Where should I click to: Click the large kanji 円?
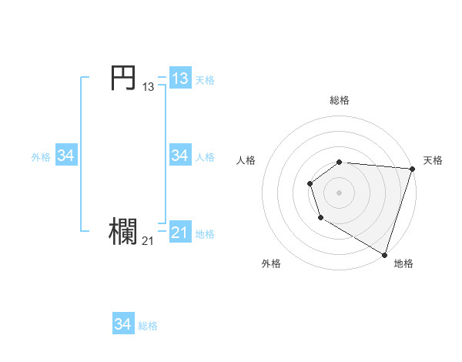123,79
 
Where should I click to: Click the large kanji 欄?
123,233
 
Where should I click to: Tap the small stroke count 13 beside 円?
148,87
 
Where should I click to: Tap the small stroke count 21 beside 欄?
148,241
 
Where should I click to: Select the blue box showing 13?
179,79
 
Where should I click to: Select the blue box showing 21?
179,233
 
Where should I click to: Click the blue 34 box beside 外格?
65,156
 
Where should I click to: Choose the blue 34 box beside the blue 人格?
179,156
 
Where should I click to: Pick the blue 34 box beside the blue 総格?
122,324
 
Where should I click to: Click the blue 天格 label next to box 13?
205,80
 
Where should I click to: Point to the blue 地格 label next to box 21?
205,234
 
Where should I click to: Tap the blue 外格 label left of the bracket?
41,157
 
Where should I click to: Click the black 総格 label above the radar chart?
340,100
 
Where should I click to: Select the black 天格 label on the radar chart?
433,160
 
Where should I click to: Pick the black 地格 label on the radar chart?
403,263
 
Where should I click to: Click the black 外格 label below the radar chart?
271,263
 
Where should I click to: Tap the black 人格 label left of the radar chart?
246,160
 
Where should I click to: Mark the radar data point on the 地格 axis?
384,254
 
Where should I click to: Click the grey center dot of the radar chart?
340,192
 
